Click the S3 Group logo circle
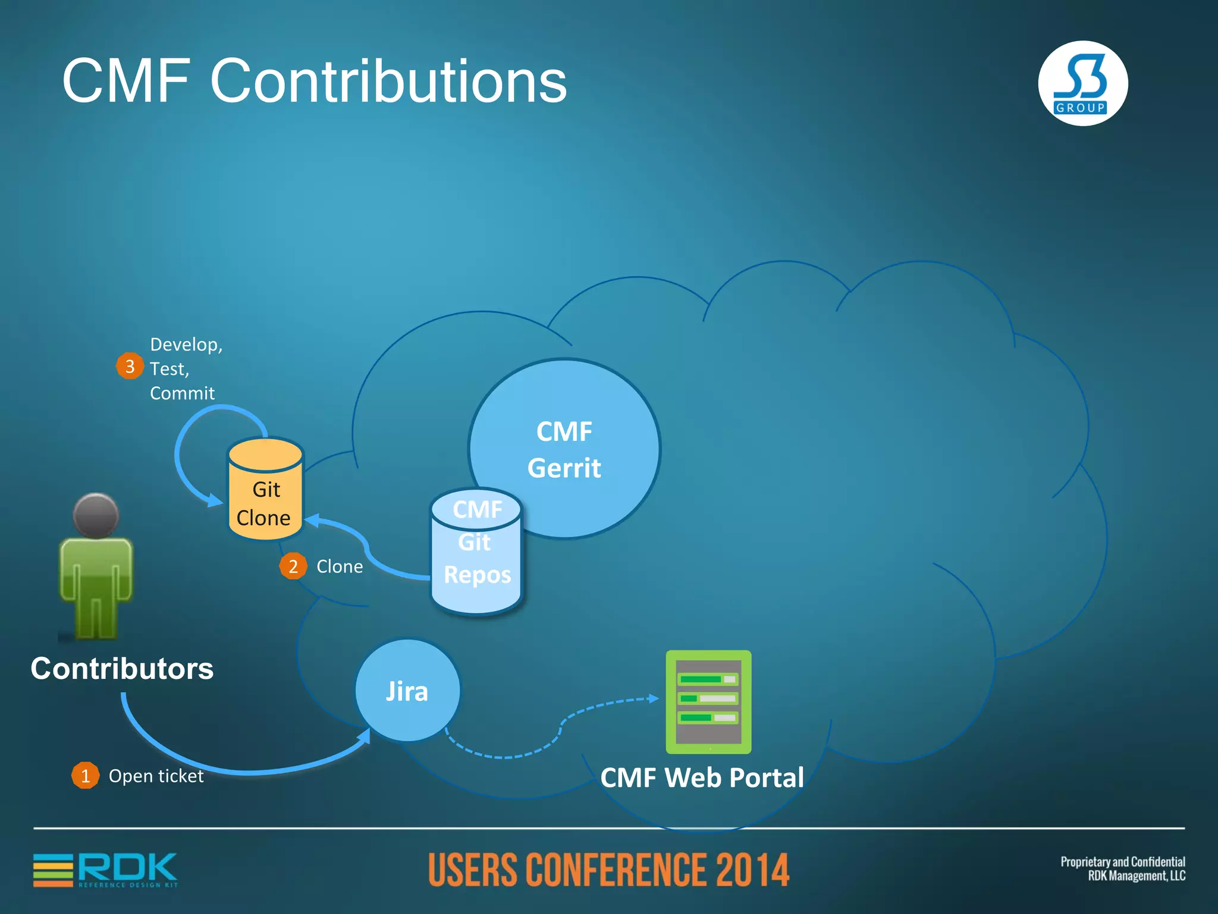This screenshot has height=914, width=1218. tap(1082, 83)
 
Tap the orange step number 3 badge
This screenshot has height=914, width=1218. tap(130, 366)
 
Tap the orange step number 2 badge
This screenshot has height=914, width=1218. tap(293, 566)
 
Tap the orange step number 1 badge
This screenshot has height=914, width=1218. tap(85, 775)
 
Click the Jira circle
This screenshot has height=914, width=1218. tap(407, 691)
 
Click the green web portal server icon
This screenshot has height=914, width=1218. tap(708, 702)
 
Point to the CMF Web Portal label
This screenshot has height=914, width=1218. tap(702, 778)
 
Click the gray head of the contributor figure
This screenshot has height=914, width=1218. tap(96, 515)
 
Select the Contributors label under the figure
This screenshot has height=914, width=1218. tap(122, 668)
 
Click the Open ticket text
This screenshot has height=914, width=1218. tap(156, 776)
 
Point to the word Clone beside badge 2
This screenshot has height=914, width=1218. tap(340, 566)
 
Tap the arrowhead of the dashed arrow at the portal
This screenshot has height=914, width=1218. tap(654, 698)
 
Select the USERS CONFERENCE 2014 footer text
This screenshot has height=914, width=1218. tap(608, 870)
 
